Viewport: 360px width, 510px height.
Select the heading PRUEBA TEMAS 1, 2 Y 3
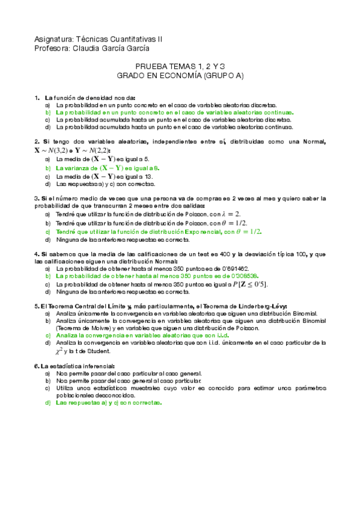point(180,70)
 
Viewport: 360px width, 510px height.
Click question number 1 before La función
point(37,97)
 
